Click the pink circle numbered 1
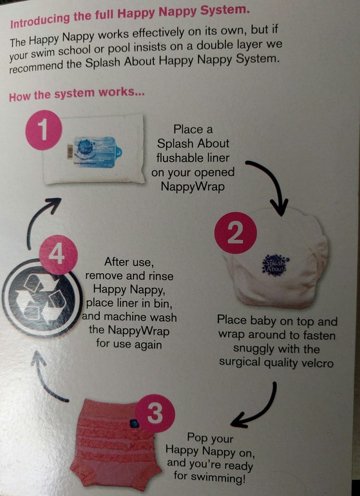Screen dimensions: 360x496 click(44, 129)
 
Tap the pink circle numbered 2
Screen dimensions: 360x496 click(235, 233)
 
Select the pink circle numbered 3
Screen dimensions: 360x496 click(155, 413)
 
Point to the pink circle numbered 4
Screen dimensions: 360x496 click(58, 254)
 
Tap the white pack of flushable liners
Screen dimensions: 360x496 click(94, 149)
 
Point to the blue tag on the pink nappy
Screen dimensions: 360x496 click(135, 423)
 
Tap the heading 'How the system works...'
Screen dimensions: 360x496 click(77, 94)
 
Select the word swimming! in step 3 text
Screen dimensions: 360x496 click(209, 477)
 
